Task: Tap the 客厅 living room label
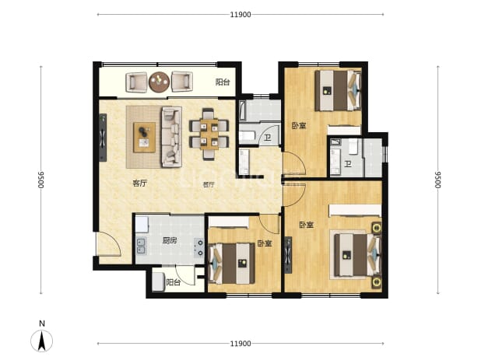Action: coord(139,183)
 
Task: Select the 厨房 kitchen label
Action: coord(170,240)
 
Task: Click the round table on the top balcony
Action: coord(160,82)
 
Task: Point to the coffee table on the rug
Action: coord(144,138)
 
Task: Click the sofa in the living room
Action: coord(172,137)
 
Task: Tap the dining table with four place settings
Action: coord(209,135)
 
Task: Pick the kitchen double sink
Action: coord(141,246)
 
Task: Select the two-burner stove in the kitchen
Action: coord(199,247)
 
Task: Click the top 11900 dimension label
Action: coord(240,15)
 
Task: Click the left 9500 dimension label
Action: coord(40,180)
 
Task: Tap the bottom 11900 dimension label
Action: coord(240,344)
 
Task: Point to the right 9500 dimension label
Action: coord(437,180)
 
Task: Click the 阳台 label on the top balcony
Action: coord(223,82)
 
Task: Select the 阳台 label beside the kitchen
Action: coord(174,282)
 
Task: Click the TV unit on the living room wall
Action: coord(103,138)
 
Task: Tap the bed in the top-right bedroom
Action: coord(338,90)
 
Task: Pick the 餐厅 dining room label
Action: coord(209,184)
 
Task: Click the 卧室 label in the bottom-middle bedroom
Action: coord(265,243)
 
